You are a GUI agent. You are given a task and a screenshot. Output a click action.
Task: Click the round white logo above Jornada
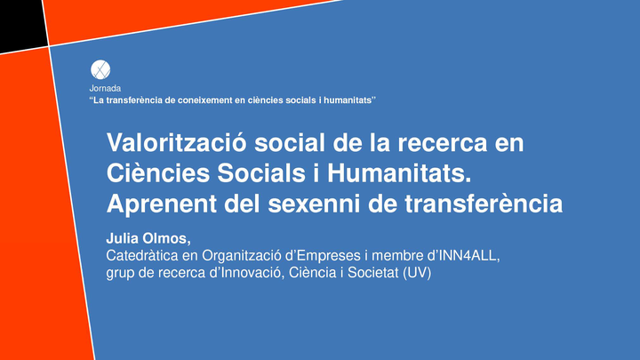[100, 70]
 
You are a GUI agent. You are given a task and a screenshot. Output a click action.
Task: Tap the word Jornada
[105, 88]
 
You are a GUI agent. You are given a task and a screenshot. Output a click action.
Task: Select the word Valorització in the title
[176, 142]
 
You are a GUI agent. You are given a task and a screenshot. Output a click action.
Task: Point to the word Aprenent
[161, 204]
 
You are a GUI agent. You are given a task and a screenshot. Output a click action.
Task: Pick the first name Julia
[121, 238]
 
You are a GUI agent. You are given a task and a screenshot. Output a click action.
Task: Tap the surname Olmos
[166, 239]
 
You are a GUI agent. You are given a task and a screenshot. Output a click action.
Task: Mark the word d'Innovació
[247, 273]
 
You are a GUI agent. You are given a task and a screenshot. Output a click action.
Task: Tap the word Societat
[372, 273]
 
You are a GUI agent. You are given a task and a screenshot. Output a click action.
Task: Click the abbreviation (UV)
[417, 273]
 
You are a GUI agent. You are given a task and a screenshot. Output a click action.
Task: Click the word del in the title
[242, 204]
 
